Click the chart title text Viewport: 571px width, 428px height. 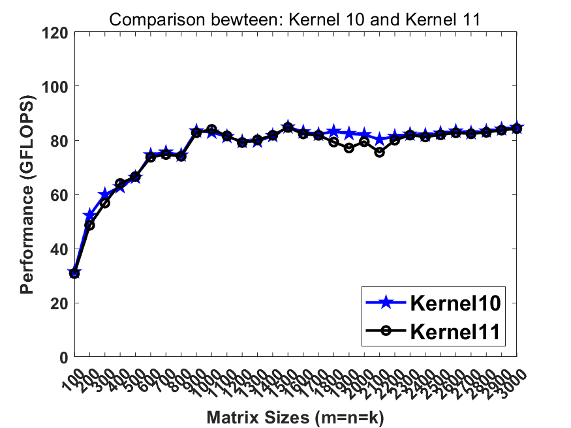pos(295,19)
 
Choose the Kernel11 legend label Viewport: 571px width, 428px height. pos(455,331)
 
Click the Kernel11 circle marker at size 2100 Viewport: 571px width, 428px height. pos(380,152)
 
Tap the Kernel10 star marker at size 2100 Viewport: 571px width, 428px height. pos(380,140)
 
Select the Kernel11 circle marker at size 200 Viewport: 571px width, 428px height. pos(90,225)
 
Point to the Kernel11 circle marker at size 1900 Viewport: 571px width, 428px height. pos(349,148)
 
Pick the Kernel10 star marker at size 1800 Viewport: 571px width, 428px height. pos(334,132)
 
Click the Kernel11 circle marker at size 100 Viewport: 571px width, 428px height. pos(74,274)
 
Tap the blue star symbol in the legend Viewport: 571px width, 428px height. pos(386,302)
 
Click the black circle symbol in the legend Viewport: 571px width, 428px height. pos(386,331)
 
